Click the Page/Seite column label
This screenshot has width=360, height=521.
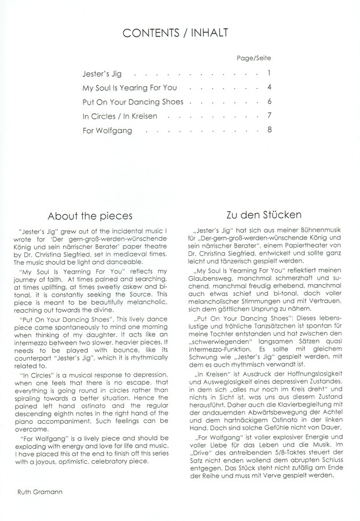pos(254,59)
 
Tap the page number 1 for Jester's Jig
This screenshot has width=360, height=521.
pos(270,74)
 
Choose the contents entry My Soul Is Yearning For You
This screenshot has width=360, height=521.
pos(130,89)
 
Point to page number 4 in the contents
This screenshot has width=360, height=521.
pos(270,88)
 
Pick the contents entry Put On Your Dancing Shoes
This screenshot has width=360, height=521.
pos(133,102)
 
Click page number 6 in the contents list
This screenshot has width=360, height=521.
pos(270,102)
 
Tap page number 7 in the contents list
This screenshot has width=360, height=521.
pos(270,116)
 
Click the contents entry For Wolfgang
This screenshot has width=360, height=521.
pos(107,131)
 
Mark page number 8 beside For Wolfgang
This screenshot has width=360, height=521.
pos(270,130)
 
